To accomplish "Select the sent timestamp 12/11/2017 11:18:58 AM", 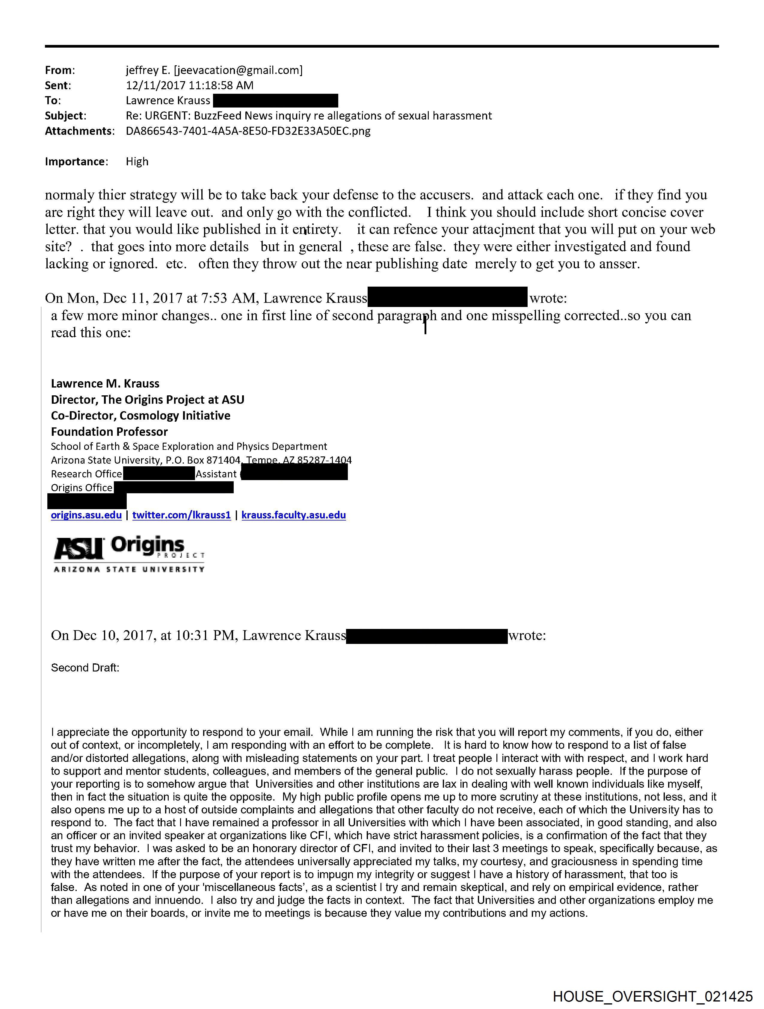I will pyautogui.click(x=189, y=85).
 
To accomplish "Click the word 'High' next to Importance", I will pyautogui.click(x=137, y=161).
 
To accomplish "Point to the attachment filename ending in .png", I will pyautogui.click(x=248, y=131).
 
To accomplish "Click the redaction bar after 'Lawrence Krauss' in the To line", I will pyautogui.click(x=276, y=100).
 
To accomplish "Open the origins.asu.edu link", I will pyautogui.click(x=86, y=515).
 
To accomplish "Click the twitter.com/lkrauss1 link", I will pyautogui.click(x=181, y=515).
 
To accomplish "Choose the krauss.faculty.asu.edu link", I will pyautogui.click(x=293, y=515).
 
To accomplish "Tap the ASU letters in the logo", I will pyautogui.click(x=78, y=548).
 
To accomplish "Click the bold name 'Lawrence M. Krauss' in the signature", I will pyautogui.click(x=105, y=384).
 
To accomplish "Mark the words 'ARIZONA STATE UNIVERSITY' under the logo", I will pyautogui.click(x=129, y=569).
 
